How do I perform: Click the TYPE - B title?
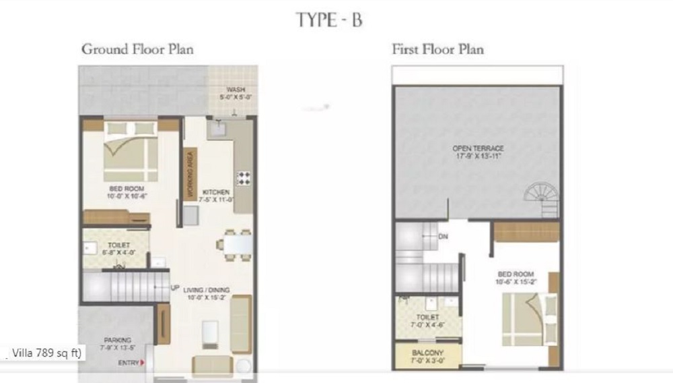coord(329,20)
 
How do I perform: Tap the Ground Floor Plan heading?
coord(137,49)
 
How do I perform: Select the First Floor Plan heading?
coord(438,49)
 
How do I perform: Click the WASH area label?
coord(235,90)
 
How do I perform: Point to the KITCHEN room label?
coord(216,193)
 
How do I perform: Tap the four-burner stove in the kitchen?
coord(243,178)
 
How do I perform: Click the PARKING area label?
coord(118,340)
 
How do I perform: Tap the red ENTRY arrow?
coord(142,363)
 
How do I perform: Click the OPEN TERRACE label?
coord(479,148)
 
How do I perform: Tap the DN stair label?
coord(443,237)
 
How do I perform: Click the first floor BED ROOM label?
coord(516,274)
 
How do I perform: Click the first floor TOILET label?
coord(428,317)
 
